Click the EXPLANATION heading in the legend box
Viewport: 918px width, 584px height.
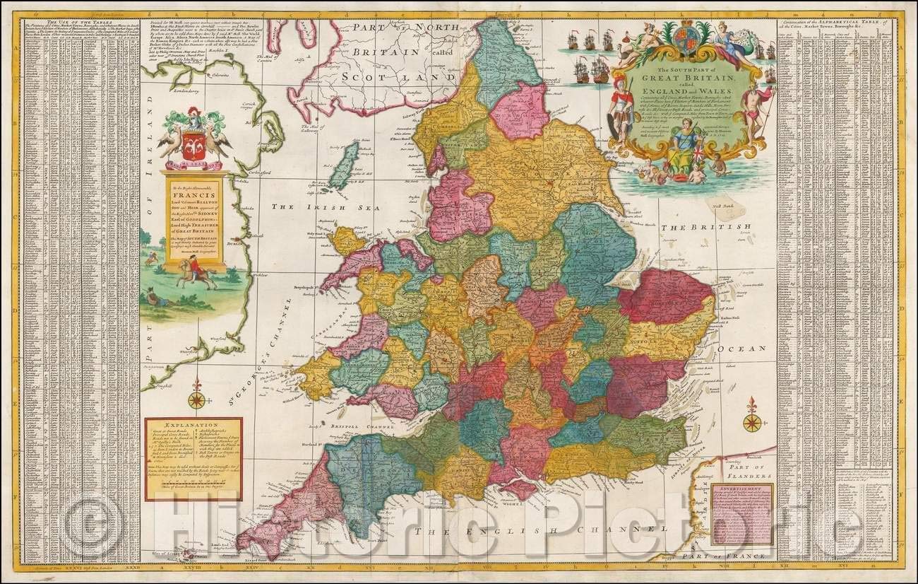(x=193, y=428)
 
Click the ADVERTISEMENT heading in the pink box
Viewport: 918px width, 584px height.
(x=741, y=489)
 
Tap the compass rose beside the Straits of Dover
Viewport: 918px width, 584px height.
(x=752, y=421)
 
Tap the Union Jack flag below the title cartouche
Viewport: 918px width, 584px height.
(x=696, y=153)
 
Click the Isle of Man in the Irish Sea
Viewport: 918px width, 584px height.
(x=344, y=165)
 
